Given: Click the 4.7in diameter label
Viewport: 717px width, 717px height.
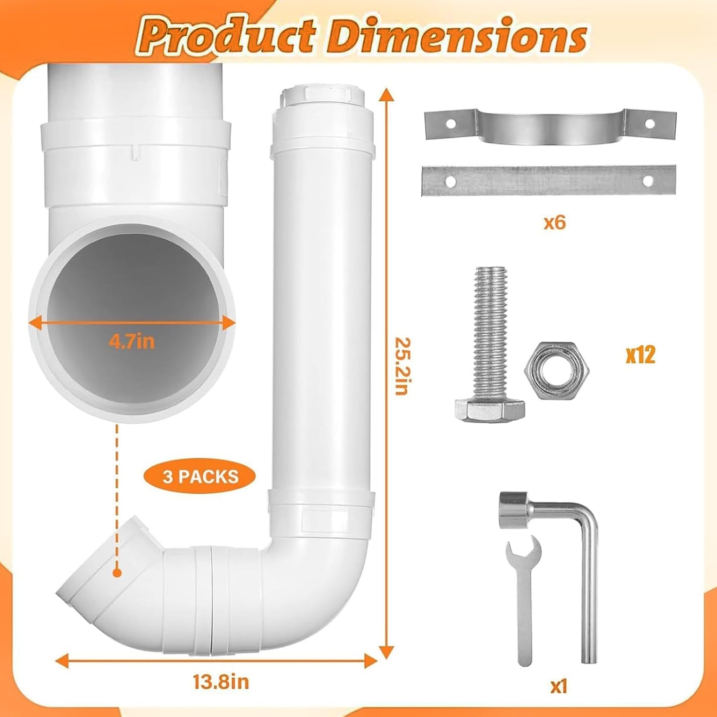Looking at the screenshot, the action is [131, 342].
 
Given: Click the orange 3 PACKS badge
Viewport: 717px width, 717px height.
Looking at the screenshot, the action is [200, 477].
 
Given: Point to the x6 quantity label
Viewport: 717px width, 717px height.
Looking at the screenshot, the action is [555, 223].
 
